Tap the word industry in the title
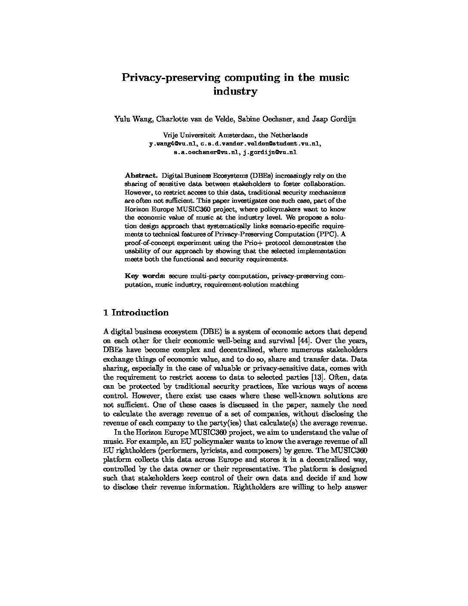pos(235,92)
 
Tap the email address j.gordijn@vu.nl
pos(270,152)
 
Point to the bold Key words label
pos(145,276)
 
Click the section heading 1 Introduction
pos(136,313)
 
